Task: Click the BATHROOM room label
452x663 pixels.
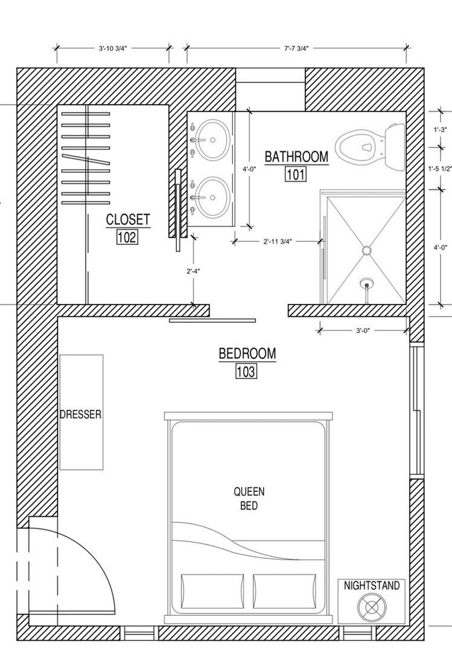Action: click(x=296, y=157)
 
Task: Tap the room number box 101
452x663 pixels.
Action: click(x=296, y=174)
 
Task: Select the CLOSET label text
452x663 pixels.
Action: click(x=128, y=219)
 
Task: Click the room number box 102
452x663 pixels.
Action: click(x=127, y=237)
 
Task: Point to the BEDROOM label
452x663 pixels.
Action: click(x=247, y=353)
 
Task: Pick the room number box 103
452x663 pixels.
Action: click(x=246, y=371)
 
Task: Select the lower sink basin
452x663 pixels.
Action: click(x=214, y=196)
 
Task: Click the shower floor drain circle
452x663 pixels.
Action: click(x=367, y=250)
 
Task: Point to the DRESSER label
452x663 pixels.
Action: click(x=81, y=414)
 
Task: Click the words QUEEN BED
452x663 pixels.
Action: click(x=249, y=498)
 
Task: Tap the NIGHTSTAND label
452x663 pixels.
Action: click(x=371, y=586)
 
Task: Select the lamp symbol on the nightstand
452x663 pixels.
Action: click(x=372, y=607)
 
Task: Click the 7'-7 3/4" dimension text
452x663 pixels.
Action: click(x=296, y=48)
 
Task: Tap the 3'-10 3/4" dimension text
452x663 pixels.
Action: click(x=113, y=48)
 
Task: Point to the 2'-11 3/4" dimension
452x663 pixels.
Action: click(x=277, y=241)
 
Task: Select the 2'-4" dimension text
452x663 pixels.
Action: click(x=193, y=271)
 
